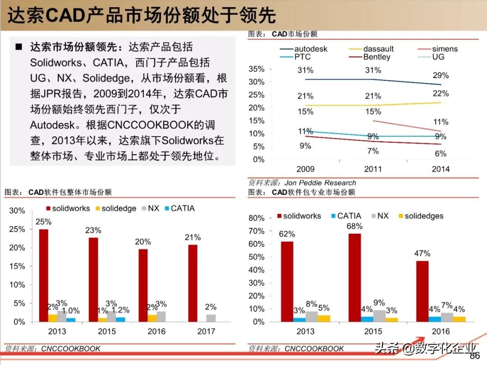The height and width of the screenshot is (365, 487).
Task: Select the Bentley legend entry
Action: [x=377, y=57]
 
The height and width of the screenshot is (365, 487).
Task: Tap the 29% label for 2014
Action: [x=441, y=75]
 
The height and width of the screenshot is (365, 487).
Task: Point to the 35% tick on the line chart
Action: [x=257, y=69]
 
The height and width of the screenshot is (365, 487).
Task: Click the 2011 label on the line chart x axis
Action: [x=372, y=169]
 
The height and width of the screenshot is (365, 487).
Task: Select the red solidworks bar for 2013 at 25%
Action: [x=44, y=275]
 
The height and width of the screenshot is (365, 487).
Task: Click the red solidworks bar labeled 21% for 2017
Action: [x=193, y=283]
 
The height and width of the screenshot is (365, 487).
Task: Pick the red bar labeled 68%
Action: [x=354, y=277]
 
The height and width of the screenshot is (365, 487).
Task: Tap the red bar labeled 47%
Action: [x=422, y=291]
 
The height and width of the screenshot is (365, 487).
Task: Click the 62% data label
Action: [x=287, y=234]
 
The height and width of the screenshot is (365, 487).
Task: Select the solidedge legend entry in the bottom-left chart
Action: [x=118, y=208]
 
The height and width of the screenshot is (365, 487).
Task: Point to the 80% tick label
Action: [x=257, y=218]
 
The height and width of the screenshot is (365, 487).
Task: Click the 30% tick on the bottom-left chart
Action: [x=17, y=211]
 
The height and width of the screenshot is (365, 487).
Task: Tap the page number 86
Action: [x=474, y=356]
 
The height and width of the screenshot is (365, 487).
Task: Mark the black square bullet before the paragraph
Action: [x=19, y=47]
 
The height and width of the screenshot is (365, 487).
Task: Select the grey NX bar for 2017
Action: [x=211, y=318]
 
